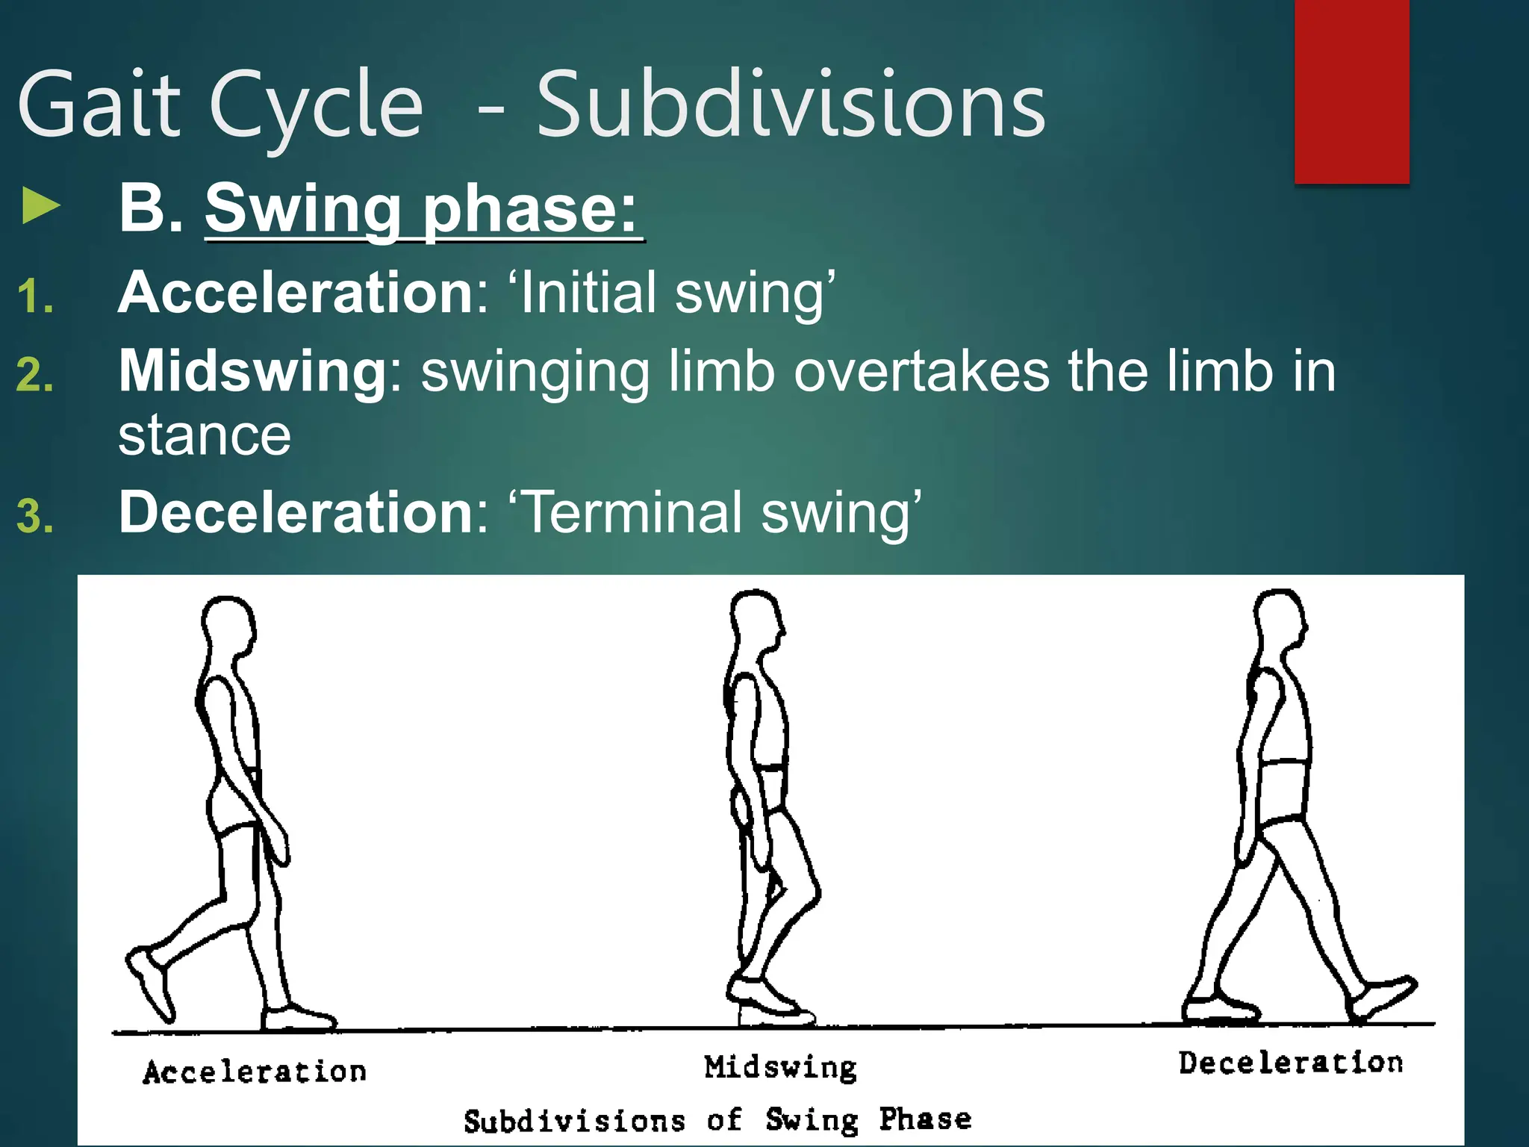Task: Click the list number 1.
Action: (x=35, y=296)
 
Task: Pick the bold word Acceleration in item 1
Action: (x=296, y=292)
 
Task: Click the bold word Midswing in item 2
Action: (x=252, y=371)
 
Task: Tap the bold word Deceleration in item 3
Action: (x=296, y=512)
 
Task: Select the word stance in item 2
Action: (x=205, y=435)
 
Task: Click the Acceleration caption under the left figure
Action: (x=255, y=1072)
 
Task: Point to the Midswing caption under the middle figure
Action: (x=780, y=1067)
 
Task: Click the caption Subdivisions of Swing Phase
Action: (x=717, y=1120)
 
